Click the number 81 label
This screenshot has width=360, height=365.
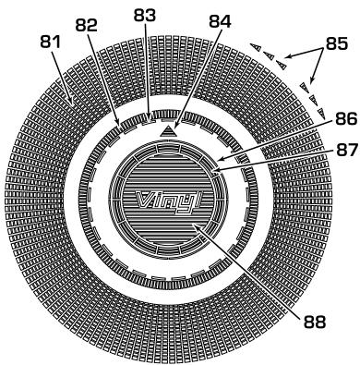click(51, 43)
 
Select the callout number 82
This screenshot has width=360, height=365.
click(87, 26)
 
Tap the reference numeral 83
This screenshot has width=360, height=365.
click(145, 15)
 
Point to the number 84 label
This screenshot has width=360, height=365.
click(220, 21)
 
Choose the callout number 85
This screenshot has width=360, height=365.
click(337, 43)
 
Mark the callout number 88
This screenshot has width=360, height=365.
click(315, 322)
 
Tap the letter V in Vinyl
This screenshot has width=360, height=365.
click(144, 200)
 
